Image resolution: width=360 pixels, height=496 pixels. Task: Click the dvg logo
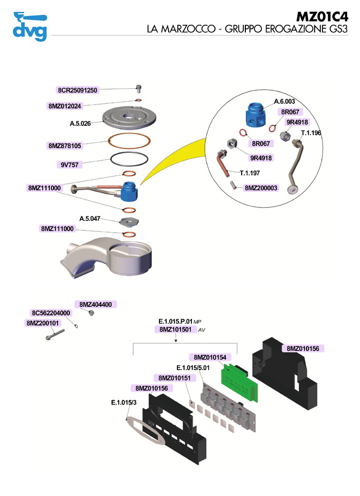click(29, 26)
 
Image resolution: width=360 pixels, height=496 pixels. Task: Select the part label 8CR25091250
click(77, 90)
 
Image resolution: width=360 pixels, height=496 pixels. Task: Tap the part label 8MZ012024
click(64, 106)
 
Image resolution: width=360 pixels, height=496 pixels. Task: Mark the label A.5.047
click(90, 218)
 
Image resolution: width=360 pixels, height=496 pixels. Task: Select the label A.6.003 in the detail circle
click(284, 101)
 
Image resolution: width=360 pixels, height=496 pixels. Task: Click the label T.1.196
click(311, 133)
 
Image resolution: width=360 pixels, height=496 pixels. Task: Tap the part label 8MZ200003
click(261, 188)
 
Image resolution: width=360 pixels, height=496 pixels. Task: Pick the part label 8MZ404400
click(95, 304)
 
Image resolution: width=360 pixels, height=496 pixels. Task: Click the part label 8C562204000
click(51, 313)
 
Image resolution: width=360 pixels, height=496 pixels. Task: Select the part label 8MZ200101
click(43, 323)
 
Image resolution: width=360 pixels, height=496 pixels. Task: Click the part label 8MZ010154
click(210, 357)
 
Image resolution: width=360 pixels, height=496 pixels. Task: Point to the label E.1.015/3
click(123, 402)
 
